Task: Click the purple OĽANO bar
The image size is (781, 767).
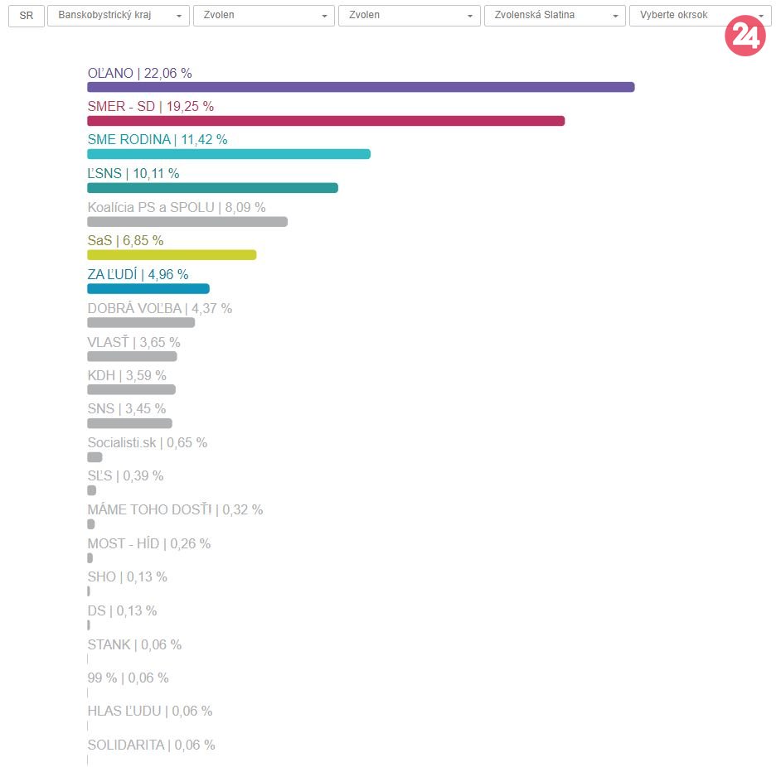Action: (361, 87)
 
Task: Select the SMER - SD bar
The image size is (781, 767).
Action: (326, 121)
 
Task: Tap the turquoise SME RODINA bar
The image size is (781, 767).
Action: (229, 154)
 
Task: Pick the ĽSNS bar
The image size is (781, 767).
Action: (212, 188)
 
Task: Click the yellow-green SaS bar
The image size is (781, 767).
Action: (172, 255)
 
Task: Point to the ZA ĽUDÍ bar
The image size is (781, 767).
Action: (148, 288)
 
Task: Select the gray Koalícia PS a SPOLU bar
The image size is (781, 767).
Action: (187, 221)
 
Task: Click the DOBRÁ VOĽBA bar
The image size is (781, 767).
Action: (141, 322)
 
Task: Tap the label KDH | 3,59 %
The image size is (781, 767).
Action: (127, 375)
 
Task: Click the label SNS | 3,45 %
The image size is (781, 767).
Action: (127, 408)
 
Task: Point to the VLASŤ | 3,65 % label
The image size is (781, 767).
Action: (133, 342)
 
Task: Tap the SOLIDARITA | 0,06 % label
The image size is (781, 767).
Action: (151, 745)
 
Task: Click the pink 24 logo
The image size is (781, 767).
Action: (745, 36)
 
